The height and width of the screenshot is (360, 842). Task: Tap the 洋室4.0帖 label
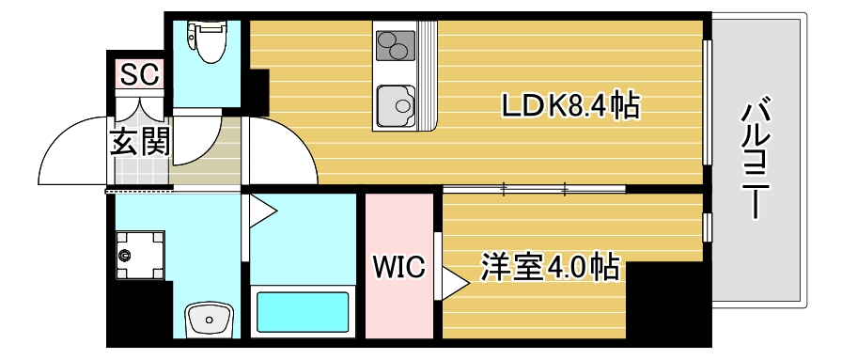point(551,267)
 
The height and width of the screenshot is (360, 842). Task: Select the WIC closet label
point(398,267)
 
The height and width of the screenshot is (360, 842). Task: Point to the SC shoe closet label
point(138,72)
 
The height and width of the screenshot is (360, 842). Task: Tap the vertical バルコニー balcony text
point(757,160)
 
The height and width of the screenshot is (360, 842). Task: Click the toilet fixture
point(207,40)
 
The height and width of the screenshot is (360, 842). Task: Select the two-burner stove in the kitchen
point(396,44)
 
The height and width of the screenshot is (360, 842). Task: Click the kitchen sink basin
point(396,103)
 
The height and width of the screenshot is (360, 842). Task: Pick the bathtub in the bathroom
point(304,314)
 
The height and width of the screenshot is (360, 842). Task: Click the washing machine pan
point(138,253)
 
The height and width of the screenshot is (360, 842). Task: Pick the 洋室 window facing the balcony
point(707,227)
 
